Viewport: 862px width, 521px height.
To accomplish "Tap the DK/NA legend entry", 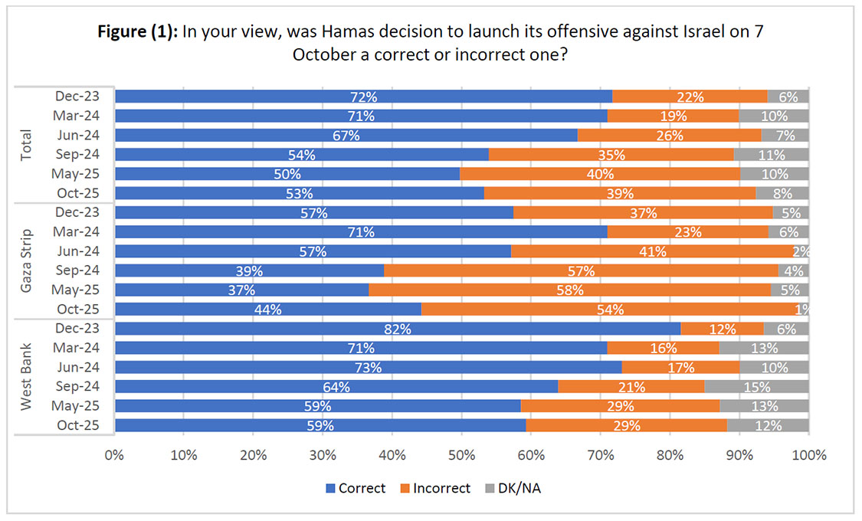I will click(x=517, y=488).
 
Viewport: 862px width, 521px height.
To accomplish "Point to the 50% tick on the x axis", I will click(x=461, y=454).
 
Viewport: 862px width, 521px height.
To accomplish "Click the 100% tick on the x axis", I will click(x=808, y=454).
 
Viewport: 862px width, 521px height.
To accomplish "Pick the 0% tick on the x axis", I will click(x=114, y=454).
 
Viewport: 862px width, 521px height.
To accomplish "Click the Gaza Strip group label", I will click(x=26, y=261).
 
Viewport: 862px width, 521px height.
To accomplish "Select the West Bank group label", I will click(x=26, y=377).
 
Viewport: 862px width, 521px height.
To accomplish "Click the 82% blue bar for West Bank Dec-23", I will click(x=397, y=329).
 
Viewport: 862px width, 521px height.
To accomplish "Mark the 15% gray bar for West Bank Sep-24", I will click(x=756, y=387).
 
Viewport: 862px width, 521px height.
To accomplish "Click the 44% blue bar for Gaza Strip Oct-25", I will click(x=267, y=310).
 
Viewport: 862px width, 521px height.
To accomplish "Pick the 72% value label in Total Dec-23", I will click(x=363, y=97).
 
